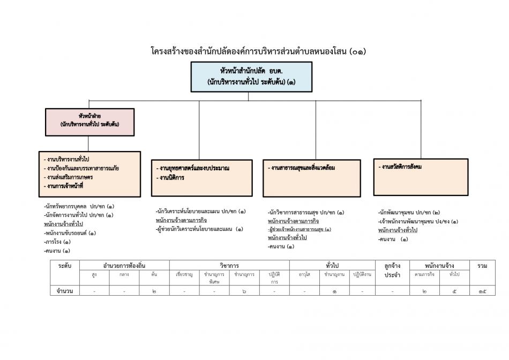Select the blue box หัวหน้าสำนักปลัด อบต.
pyautogui.click(x=251, y=77)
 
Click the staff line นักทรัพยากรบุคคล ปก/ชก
pyautogui.click(x=79, y=206)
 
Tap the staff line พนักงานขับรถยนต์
pyautogui.click(x=71, y=233)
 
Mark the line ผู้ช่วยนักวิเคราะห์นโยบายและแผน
pyautogui.click(x=199, y=229)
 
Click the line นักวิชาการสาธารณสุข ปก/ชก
pyautogui.click(x=306, y=212)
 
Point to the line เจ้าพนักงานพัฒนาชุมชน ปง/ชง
pyautogui.click(x=418, y=221)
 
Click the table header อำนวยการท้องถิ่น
pyautogui.click(x=124, y=265)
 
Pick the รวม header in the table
pyautogui.click(x=482, y=265)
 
